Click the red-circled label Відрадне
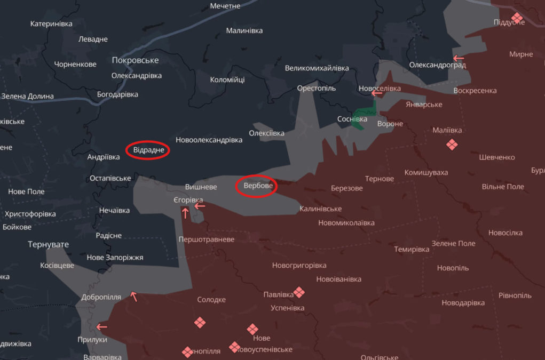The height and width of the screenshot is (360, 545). pos(148,150)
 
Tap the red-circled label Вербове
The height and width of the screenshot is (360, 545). pos(256,186)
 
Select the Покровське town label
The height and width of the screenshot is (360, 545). pos(136,60)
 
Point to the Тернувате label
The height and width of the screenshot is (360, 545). pos(49,244)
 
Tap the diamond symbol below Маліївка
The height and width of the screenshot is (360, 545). pos(452,145)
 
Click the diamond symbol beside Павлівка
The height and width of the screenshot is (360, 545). pos(299,292)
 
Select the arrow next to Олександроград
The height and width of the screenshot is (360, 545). pos(458,58)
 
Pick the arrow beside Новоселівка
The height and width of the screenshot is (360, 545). pos(377,93)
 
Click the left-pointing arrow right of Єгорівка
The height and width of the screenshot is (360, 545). pos(200,206)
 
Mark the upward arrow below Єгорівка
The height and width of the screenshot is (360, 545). pos(185,213)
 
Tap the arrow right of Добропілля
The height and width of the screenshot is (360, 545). pos(134,297)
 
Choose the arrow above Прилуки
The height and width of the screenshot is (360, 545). pos(101,327)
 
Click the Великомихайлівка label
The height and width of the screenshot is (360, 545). pos(317,68)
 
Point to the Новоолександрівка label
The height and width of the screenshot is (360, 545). pos(209,140)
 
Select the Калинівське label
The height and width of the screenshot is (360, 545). pos(321,209)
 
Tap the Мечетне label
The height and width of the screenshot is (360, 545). pos(225,6)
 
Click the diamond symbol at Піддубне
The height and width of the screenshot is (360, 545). pos(516,18)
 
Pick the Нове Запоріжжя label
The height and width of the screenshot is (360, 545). pos(115,258)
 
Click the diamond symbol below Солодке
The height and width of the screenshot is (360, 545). pos(200,322)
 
